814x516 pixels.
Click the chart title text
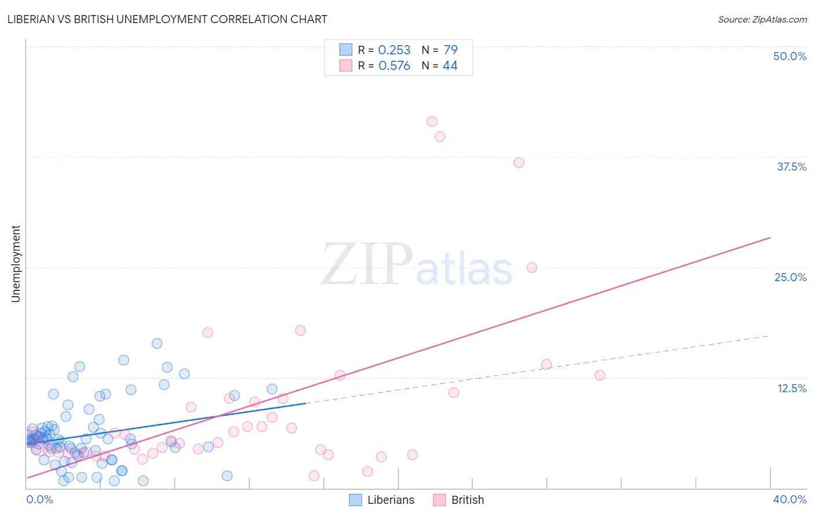coord(167,19)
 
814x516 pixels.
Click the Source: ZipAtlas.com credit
coord(762,20)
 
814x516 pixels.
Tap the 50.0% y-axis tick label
coord(790,56)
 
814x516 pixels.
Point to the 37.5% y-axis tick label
coord(791,167)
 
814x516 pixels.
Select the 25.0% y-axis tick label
coord(790,277)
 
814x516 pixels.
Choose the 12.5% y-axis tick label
coord(791,388)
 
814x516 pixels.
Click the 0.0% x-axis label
coord(39,499)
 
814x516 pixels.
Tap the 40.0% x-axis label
coord(789,499)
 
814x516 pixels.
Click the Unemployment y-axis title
coord(16,264)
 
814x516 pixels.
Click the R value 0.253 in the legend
coord(394,50)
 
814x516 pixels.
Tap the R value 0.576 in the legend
coord(394,66)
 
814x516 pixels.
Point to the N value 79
coord(450,50)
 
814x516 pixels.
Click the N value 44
coord(450,66)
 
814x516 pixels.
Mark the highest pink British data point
coord(432,121)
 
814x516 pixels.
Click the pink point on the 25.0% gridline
coord(532,267)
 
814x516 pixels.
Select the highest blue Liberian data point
coord(157,344)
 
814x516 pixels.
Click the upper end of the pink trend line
coord(770,238)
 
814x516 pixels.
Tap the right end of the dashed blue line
coord(769,336)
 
